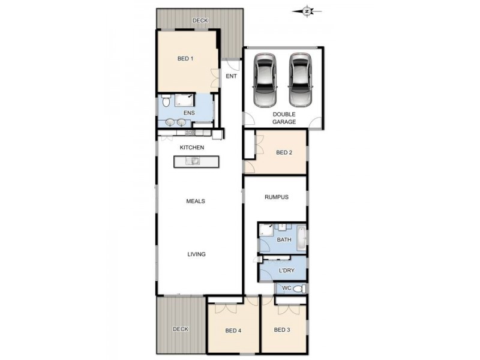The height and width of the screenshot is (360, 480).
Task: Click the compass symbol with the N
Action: (307, 11)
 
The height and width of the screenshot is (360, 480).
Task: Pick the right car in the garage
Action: (300, 79)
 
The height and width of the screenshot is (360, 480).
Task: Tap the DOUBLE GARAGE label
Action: (284, 118)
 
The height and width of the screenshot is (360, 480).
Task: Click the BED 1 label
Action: (185, 59)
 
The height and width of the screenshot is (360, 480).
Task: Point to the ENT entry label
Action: (231, 76)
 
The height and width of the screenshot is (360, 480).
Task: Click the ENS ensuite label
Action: (188, 112)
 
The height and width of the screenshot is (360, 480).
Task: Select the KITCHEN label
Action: (192, 148)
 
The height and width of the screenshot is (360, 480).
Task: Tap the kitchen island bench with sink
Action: (196, 161)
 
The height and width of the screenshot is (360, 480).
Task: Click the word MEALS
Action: (196, 201)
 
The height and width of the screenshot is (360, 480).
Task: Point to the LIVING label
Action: (196, 254)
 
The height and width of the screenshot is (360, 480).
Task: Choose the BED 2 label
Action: (284, 152)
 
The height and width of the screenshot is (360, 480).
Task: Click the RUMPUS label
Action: (277, 197)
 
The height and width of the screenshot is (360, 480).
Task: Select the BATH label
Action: (284, 240)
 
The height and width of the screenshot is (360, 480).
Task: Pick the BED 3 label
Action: (282, 330)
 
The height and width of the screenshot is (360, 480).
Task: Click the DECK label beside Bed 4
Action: (180, 329)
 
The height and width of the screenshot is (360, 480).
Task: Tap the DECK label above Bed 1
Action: (200, 21)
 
